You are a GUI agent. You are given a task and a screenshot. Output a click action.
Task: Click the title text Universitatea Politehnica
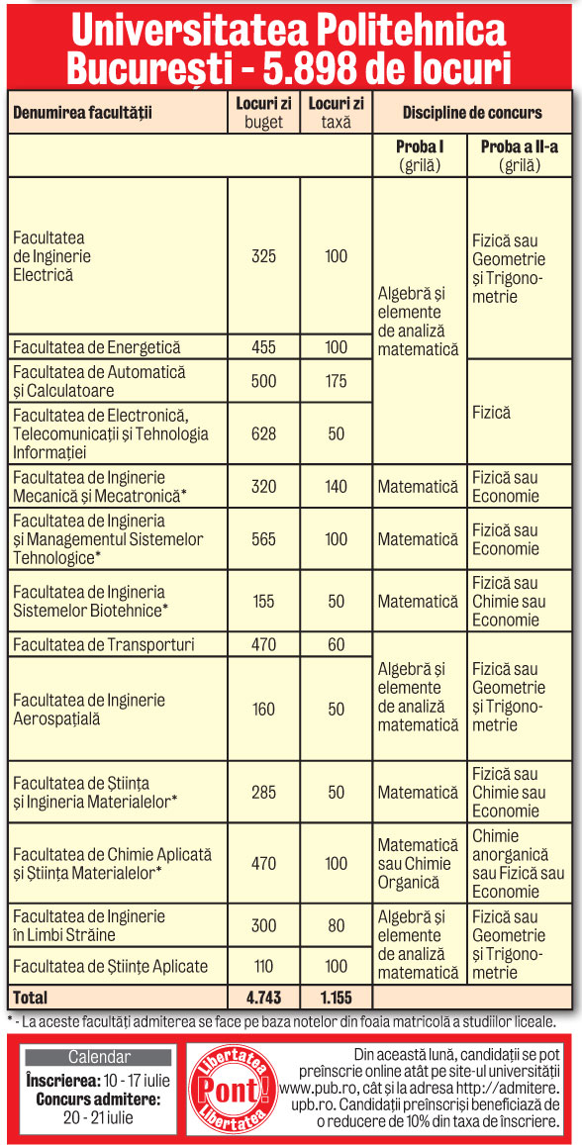[x=290, y=32]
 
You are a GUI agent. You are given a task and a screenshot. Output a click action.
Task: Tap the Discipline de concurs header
[x=471, y=113]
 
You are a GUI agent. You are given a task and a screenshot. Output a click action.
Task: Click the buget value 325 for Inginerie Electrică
[x=264, y=256]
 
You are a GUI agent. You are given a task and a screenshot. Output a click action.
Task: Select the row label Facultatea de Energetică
[x=97, y=347]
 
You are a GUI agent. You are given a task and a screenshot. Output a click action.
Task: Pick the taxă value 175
[x=337, y=381]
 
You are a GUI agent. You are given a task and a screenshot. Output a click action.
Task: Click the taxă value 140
[x=337, y=486]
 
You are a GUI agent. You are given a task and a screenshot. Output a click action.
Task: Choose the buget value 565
[x=264, y=539]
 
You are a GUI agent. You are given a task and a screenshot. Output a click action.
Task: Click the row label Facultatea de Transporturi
[x=104, y=645]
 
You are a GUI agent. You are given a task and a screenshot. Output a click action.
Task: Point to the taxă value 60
[x=337, y=645]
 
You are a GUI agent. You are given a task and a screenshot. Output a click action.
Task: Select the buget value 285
[x=264, y=793]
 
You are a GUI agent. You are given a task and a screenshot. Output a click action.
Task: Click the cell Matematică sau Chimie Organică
[x=418, y=864]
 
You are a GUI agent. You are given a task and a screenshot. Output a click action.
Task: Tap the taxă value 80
[x=337, y=925]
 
